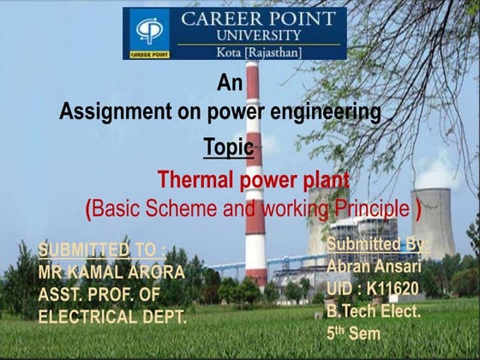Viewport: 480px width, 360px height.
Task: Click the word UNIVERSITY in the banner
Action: click(259, 35)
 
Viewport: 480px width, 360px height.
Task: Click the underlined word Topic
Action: click(229, 147)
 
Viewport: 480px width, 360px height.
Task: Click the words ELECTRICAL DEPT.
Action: click(112, 316)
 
